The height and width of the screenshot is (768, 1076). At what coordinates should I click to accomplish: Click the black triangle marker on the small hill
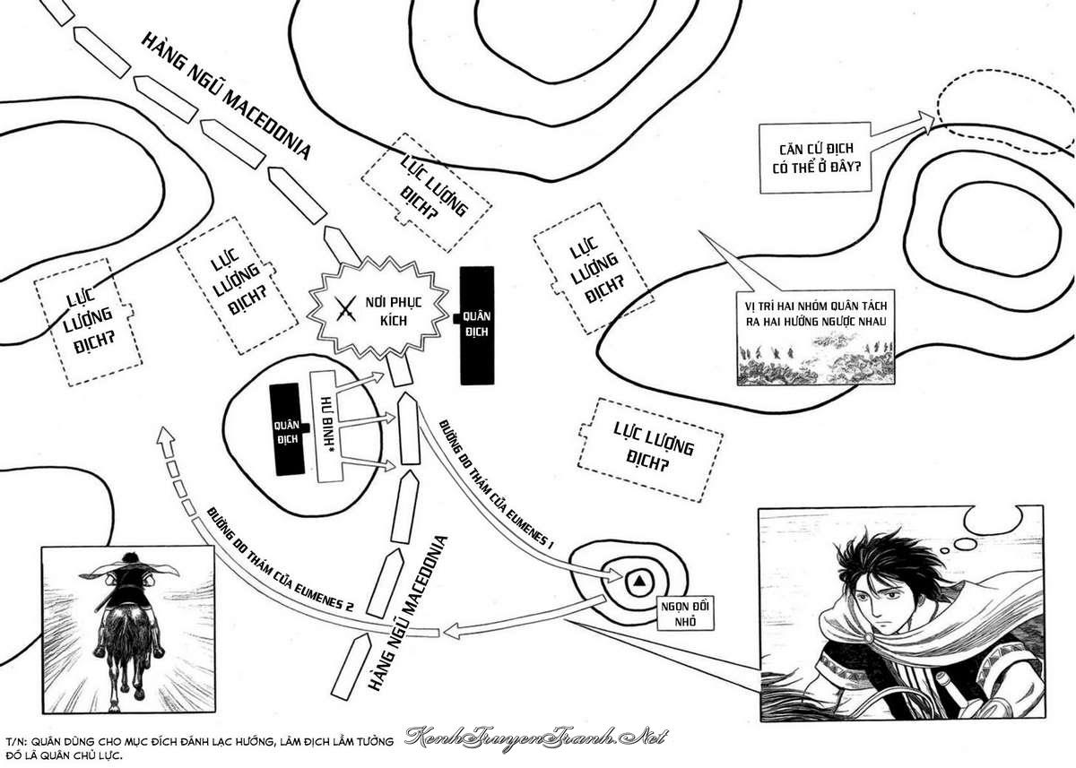point(639,581)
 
